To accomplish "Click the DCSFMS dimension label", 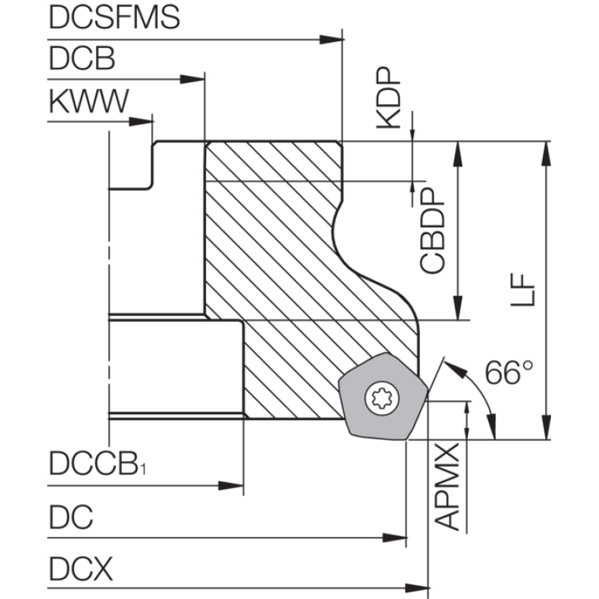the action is pos(115,17).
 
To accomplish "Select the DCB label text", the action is pos(82,58).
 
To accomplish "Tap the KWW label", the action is pos(89,101).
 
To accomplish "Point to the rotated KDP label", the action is pos(389,97).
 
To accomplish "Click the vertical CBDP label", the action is pos(433,230).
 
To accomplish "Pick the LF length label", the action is pos(522,290).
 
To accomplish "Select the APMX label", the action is pos(447,486).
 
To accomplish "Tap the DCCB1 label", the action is pos(97,463).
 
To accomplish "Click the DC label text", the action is pos(71,517).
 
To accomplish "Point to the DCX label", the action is pos(81,569).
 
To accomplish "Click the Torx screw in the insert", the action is pos(382,399).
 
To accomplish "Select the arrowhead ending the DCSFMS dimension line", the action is pos(332,40).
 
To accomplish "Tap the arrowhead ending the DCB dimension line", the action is pos(192,79).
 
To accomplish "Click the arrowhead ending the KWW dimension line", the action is pos(141,122).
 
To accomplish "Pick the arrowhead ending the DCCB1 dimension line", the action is pos(231,486).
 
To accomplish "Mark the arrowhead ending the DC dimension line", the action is pos(395,538).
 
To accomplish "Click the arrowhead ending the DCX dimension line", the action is pos(417,588).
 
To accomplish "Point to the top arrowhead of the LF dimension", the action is pos(547,153).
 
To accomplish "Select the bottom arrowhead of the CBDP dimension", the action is pos(458,308).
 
